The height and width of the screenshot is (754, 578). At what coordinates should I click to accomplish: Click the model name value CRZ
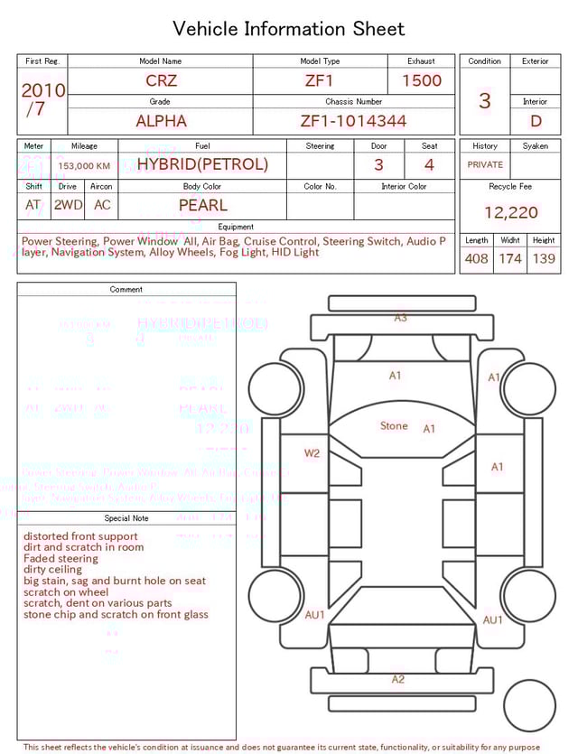click(x=161, y=80)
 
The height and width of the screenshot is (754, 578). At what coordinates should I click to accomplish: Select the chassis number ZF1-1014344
click(x=353, y=120)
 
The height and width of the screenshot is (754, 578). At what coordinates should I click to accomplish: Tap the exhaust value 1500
click(x=422, y=80)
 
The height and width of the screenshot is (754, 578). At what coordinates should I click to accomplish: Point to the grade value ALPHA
click(x=161, y=120)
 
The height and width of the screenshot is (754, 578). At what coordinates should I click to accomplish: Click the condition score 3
click(x=484, y=100)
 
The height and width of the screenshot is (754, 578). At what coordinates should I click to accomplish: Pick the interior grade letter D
click(x=536, y=120)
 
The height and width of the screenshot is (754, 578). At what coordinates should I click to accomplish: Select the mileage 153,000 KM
click(x=84, y=165)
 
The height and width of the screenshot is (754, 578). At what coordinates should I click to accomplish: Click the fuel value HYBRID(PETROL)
click(x=202, y=164)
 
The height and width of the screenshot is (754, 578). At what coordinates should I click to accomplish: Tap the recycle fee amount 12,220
click(x=510, y=212)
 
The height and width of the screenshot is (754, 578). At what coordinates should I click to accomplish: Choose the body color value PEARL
click(x=202, y=205)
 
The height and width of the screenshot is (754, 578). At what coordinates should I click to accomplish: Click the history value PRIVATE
click(x=485, y=164)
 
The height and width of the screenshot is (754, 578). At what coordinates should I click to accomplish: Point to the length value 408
click(x=476, y=258)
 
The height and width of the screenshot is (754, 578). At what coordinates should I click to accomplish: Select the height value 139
click(x=544, y=258)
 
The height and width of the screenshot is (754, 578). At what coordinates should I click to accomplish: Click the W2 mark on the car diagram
click(x=312, y=453)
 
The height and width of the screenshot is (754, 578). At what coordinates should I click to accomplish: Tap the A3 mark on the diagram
click(x=400, y=318)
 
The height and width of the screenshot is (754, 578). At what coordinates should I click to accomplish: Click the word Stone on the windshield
click(x=394, y=425)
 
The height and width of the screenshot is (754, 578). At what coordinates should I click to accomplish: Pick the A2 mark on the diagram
click(x=398, y=679)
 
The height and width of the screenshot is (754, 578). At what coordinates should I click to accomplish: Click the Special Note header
click(x=126, y=518)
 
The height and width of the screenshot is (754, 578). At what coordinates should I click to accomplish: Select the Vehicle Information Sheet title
click(x=289, y=29)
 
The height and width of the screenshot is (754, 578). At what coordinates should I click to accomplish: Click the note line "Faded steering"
click(x=61, y=559)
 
